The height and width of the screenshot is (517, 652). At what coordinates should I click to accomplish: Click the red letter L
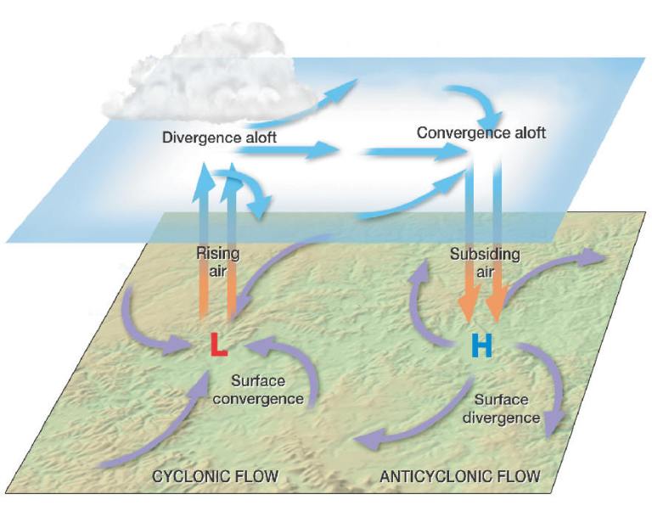(x=219, y=345)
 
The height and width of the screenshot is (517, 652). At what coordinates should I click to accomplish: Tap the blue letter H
(x=481, y=346)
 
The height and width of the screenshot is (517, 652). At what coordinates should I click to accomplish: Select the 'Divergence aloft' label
(x=219, y=138)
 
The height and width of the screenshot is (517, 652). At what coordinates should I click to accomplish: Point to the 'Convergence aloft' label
(x=481, y=133)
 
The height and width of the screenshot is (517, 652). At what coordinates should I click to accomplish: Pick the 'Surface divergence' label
(x=507, y=408)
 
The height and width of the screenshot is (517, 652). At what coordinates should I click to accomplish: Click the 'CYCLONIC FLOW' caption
(x=216, y=475)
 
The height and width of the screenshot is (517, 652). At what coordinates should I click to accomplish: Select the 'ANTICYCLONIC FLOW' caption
(x=459, y=475)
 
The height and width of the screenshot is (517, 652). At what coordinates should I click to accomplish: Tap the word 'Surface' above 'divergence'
(x=501, y=400)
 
